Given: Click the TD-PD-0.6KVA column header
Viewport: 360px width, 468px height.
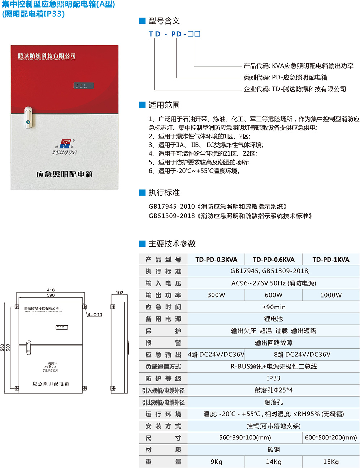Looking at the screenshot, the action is tap(273, 260).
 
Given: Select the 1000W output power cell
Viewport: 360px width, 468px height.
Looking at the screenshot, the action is tap(331, 295).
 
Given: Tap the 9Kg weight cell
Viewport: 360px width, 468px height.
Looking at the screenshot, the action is tap(216, 462).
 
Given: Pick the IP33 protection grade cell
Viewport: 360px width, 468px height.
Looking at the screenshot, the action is tap(273, 378).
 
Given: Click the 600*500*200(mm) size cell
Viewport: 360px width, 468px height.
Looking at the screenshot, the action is tap(331, 437).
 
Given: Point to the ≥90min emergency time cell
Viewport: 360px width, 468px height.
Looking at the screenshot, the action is tap(274, 307).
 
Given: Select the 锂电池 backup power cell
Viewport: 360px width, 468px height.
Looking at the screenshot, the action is tap(273, 319).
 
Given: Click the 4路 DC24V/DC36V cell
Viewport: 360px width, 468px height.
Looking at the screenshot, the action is tap(216, 355).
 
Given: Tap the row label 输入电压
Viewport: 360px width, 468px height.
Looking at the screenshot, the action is tap(163, 283).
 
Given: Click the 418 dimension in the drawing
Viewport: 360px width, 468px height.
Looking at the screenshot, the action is tap(51, 290).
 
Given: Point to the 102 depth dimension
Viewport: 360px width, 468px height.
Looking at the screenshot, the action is tap(120, 292).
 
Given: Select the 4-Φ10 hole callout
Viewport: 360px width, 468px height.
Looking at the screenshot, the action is tap(95, 315).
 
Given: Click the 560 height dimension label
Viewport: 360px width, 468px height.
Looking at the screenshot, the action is tap(2, 347).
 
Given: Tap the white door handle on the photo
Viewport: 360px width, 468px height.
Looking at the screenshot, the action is tap(28, 117).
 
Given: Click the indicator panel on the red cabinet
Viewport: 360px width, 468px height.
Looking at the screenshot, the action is tap(83, 86).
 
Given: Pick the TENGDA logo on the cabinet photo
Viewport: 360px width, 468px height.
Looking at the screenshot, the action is tap(64, 147).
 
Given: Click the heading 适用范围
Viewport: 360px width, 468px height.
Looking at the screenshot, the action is tap(164, 105).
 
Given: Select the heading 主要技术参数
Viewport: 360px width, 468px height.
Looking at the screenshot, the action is tap(172, 244).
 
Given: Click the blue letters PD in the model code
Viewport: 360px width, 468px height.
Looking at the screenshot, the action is tap(176, 34).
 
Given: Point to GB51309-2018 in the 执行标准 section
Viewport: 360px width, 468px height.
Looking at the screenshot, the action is tap(172, 216).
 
